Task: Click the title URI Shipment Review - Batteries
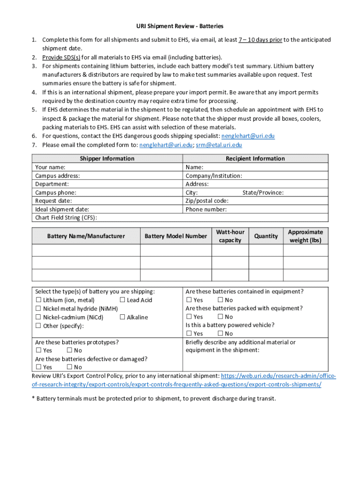pyautogui.click(x=180, y=26)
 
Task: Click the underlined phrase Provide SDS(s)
pyautogui.click(x=61, y=57)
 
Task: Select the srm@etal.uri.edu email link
pyautogui.click(x=219, y=145)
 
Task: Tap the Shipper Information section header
pyautogui.click(x=107, y=159)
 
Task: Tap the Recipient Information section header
pyautogui.click(x=255, y=159)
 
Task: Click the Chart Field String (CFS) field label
pyautogui.click(x=66, y=218)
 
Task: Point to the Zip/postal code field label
pyautogui.click(x=207, y=201)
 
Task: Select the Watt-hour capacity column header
pyautogui.click(x=230, y=236)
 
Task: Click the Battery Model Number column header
pyautogui.click(x=176, y=236)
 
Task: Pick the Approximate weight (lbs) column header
pyautogui.click(x=305, y=236)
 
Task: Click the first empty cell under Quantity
pyautogui.click(x=266, y=251)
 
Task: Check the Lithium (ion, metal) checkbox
pyautogui.click(x=38, y=300)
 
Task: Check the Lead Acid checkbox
pyautogui.click(x=122, y=300)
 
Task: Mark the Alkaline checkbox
pyautogui.click(x=122, y=317)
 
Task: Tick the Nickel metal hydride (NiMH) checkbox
pyautogui.click(x=38, y=309)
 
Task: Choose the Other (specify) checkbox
pyautogui.click(x=38, y=326)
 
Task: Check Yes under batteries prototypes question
pyautogui.click(x=38, y=350)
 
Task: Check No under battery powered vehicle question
pyautogui.click(x=220, y=334)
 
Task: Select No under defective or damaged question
pyautogui.click(x=69, y=367)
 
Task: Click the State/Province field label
pyautogui.click(x=263, y=192)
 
